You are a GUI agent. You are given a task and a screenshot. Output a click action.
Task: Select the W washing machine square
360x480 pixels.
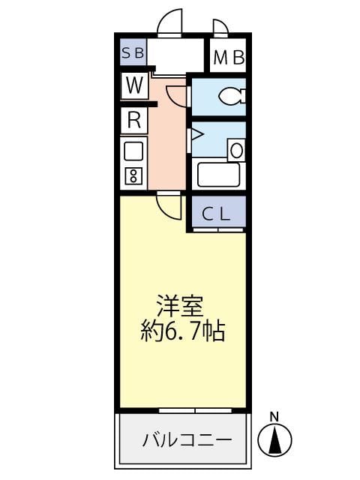coord(134,85)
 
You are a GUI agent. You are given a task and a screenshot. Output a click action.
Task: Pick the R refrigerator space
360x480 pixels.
coord(134,120)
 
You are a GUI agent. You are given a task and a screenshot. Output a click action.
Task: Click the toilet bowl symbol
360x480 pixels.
coord(229,96)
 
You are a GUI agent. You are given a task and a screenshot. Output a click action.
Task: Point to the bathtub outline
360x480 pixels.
coord(217,175)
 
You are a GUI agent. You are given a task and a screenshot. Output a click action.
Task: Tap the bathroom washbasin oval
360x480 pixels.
coord(236,149)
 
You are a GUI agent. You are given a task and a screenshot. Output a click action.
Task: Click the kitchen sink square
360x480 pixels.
coord(133,151)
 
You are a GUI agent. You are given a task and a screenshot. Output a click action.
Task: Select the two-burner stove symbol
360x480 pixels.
coord(133,176)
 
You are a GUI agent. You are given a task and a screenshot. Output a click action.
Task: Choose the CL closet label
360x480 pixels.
coord(217,214)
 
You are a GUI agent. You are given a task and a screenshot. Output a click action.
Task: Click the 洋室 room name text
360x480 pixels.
coord(180,307)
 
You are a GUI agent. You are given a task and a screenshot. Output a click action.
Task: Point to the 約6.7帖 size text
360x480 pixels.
coord(183,331)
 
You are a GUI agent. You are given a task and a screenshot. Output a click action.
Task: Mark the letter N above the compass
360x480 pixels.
coord(274,416)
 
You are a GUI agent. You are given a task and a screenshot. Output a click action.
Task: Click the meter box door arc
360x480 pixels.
coord(220,28)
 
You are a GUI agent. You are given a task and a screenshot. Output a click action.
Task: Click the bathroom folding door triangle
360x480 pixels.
coord(196,136)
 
